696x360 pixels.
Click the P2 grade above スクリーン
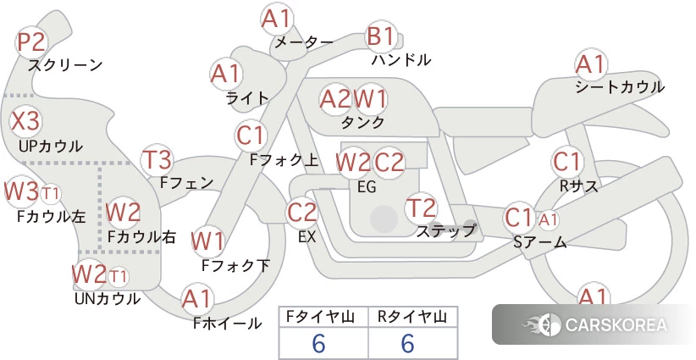point(31,42)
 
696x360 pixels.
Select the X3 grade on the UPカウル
point(25,121)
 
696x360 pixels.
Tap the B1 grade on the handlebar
point(381,36)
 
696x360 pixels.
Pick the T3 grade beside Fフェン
point(157,160)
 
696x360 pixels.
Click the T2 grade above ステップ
point(421,208)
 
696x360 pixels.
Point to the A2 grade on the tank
point(335,99)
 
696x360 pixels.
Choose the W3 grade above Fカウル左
point(20,191)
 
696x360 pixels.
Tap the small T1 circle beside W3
point(50,194)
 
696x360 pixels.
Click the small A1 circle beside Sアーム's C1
point(549,219)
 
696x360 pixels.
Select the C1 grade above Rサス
point(566,162)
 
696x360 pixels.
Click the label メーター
point(304,43)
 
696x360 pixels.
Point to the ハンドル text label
point(400,60)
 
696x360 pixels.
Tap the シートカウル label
point(620,87)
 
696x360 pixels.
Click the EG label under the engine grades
point(367,187)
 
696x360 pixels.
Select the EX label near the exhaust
point(307,237)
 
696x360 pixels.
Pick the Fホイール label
point(227,324)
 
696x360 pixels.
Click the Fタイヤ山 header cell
point(323,317)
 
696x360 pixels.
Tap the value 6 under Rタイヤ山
point(407,344)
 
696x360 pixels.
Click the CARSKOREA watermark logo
point(594,324)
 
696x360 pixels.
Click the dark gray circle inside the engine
point(384,219)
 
